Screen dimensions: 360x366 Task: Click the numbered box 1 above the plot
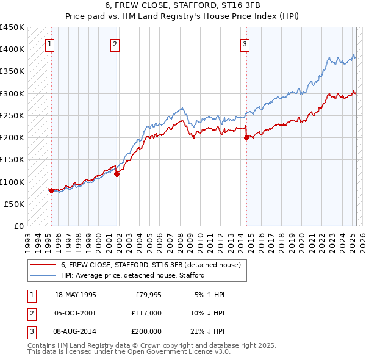49,43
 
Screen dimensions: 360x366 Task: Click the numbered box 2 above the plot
115,43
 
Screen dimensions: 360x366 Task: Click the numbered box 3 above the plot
245,43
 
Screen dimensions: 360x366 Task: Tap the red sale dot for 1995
51,190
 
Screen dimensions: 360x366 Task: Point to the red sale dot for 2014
247,137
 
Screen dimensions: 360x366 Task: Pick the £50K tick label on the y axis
14,204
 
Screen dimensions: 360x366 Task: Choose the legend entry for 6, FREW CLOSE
151,265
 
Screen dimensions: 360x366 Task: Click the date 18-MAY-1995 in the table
75,295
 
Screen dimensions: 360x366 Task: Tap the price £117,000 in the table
146,312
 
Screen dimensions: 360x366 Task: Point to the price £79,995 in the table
148,295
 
